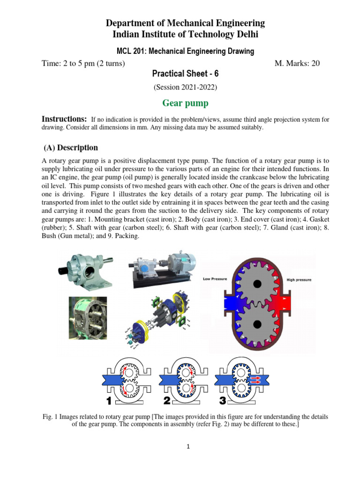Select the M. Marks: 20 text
tap(297, 63)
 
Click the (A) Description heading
tap(71, 148)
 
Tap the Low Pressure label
tap(215, 279)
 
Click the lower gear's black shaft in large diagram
tap(257, 323)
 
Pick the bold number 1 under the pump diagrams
tap(109, 401)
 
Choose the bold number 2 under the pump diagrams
tap(166, 401)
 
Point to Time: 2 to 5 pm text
tap(83, 63)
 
